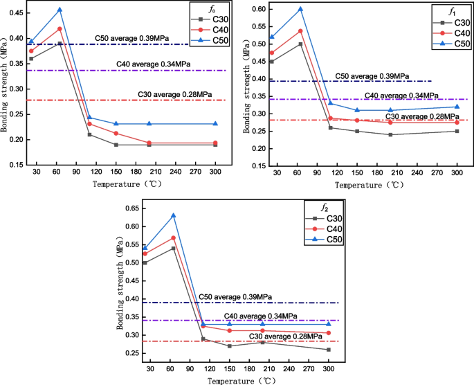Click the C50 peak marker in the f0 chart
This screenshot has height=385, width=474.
pos(60,10)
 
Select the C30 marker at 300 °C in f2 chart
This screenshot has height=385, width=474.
pos(329,350)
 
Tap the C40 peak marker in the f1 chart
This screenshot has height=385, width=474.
pos(300,31)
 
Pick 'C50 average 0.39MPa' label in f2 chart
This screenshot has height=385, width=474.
pos(235,296)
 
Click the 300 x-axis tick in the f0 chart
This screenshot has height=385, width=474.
pos(215,171)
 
